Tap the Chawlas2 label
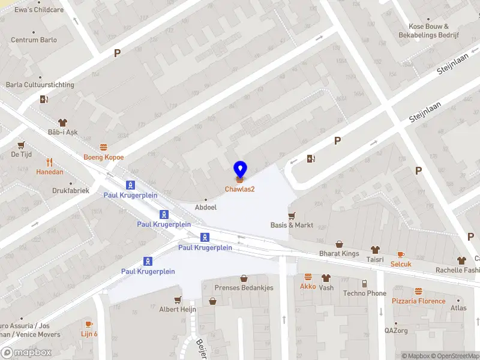[x=240, y=190]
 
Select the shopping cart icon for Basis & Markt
[x=292, y=216]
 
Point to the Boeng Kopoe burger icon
[x=104, y=148]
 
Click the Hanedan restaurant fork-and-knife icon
[x=50, y=162]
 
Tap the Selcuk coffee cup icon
[x=401, y=255]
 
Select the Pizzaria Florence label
[x=419, y=301]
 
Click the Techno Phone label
[x=364, y=293]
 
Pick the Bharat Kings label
[x=339, y=254]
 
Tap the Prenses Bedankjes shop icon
[x=244, y=278]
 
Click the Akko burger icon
[x=308, y=277]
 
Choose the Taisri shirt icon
[x=375, y=249]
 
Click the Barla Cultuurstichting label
[x=40, y=85]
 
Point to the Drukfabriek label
[x=71, y=191]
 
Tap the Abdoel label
[x=206, y=207]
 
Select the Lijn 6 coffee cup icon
[x=89, y=325]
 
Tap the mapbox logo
[x=26, y=353]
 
